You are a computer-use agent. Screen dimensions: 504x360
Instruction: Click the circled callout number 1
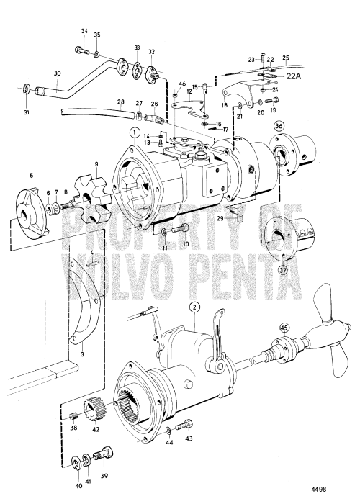click(134, 132)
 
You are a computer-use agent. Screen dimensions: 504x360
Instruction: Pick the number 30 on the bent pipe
click(58, 74)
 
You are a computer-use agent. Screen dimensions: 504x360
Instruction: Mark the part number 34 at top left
click(84, 31)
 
